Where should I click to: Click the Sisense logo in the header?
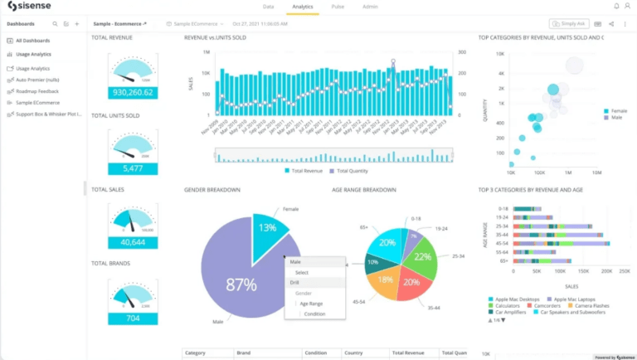(x=31, y=7)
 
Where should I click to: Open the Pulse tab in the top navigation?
(x=338, y=6)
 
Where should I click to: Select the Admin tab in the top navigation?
(x=370, y=6)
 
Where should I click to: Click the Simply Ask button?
(x=567, y=24)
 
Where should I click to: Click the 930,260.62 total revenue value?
(x=133, y=92)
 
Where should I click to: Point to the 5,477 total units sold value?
(x=133, y=168)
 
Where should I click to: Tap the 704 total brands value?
(x=133, y=318)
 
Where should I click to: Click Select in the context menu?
(x=302, y=272)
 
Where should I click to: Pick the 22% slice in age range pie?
(x=421, y=256)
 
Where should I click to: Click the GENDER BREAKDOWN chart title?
(x=212, y=190)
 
